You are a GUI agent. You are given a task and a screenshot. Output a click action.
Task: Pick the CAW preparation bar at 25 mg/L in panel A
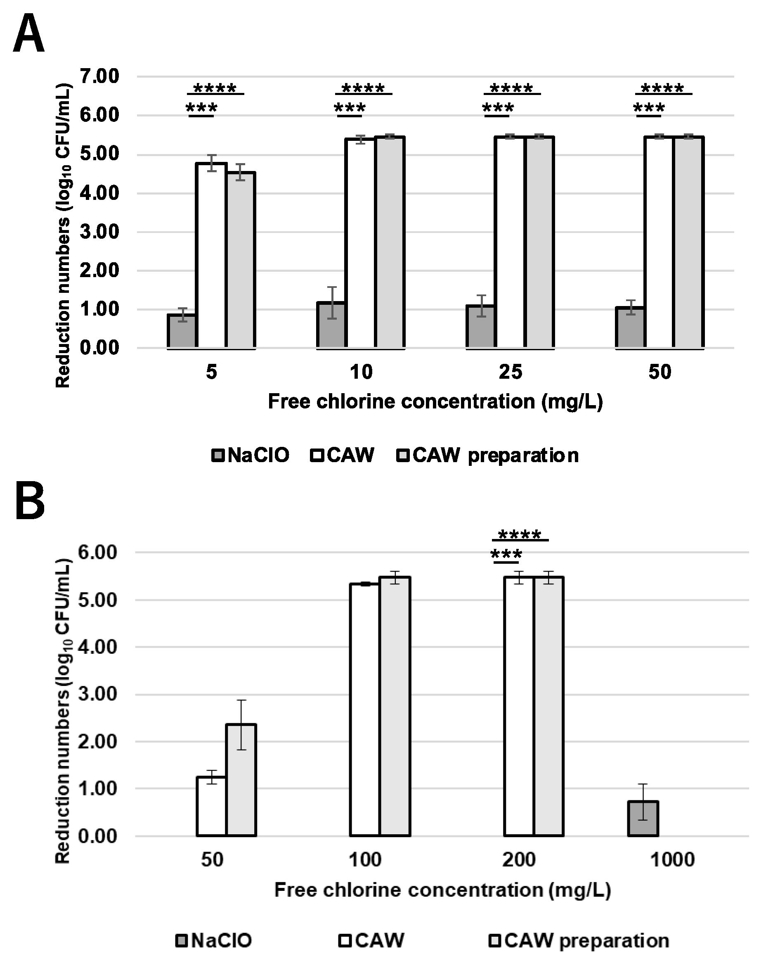click(540, 242)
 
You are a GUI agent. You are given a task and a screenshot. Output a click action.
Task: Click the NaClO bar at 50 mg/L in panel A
click(630, 327)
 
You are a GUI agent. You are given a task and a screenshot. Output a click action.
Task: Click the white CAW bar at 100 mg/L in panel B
click(364, 710)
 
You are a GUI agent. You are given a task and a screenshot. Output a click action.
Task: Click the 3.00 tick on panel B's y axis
click(98, 695)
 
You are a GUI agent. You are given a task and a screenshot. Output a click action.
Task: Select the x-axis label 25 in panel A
click(510, 372)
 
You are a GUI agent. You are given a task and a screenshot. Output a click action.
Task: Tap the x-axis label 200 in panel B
click(519, 860)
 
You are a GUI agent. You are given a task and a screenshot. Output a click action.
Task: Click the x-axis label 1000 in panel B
click(672, 860)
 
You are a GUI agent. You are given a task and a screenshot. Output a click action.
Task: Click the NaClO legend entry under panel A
click(251, 455)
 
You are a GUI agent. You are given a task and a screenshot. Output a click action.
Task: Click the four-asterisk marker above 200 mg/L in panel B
click(520, 534)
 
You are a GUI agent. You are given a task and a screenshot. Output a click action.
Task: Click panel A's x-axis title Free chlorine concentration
click(435, 401)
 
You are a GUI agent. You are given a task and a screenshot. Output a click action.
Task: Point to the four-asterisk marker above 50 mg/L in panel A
click(662, 88)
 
